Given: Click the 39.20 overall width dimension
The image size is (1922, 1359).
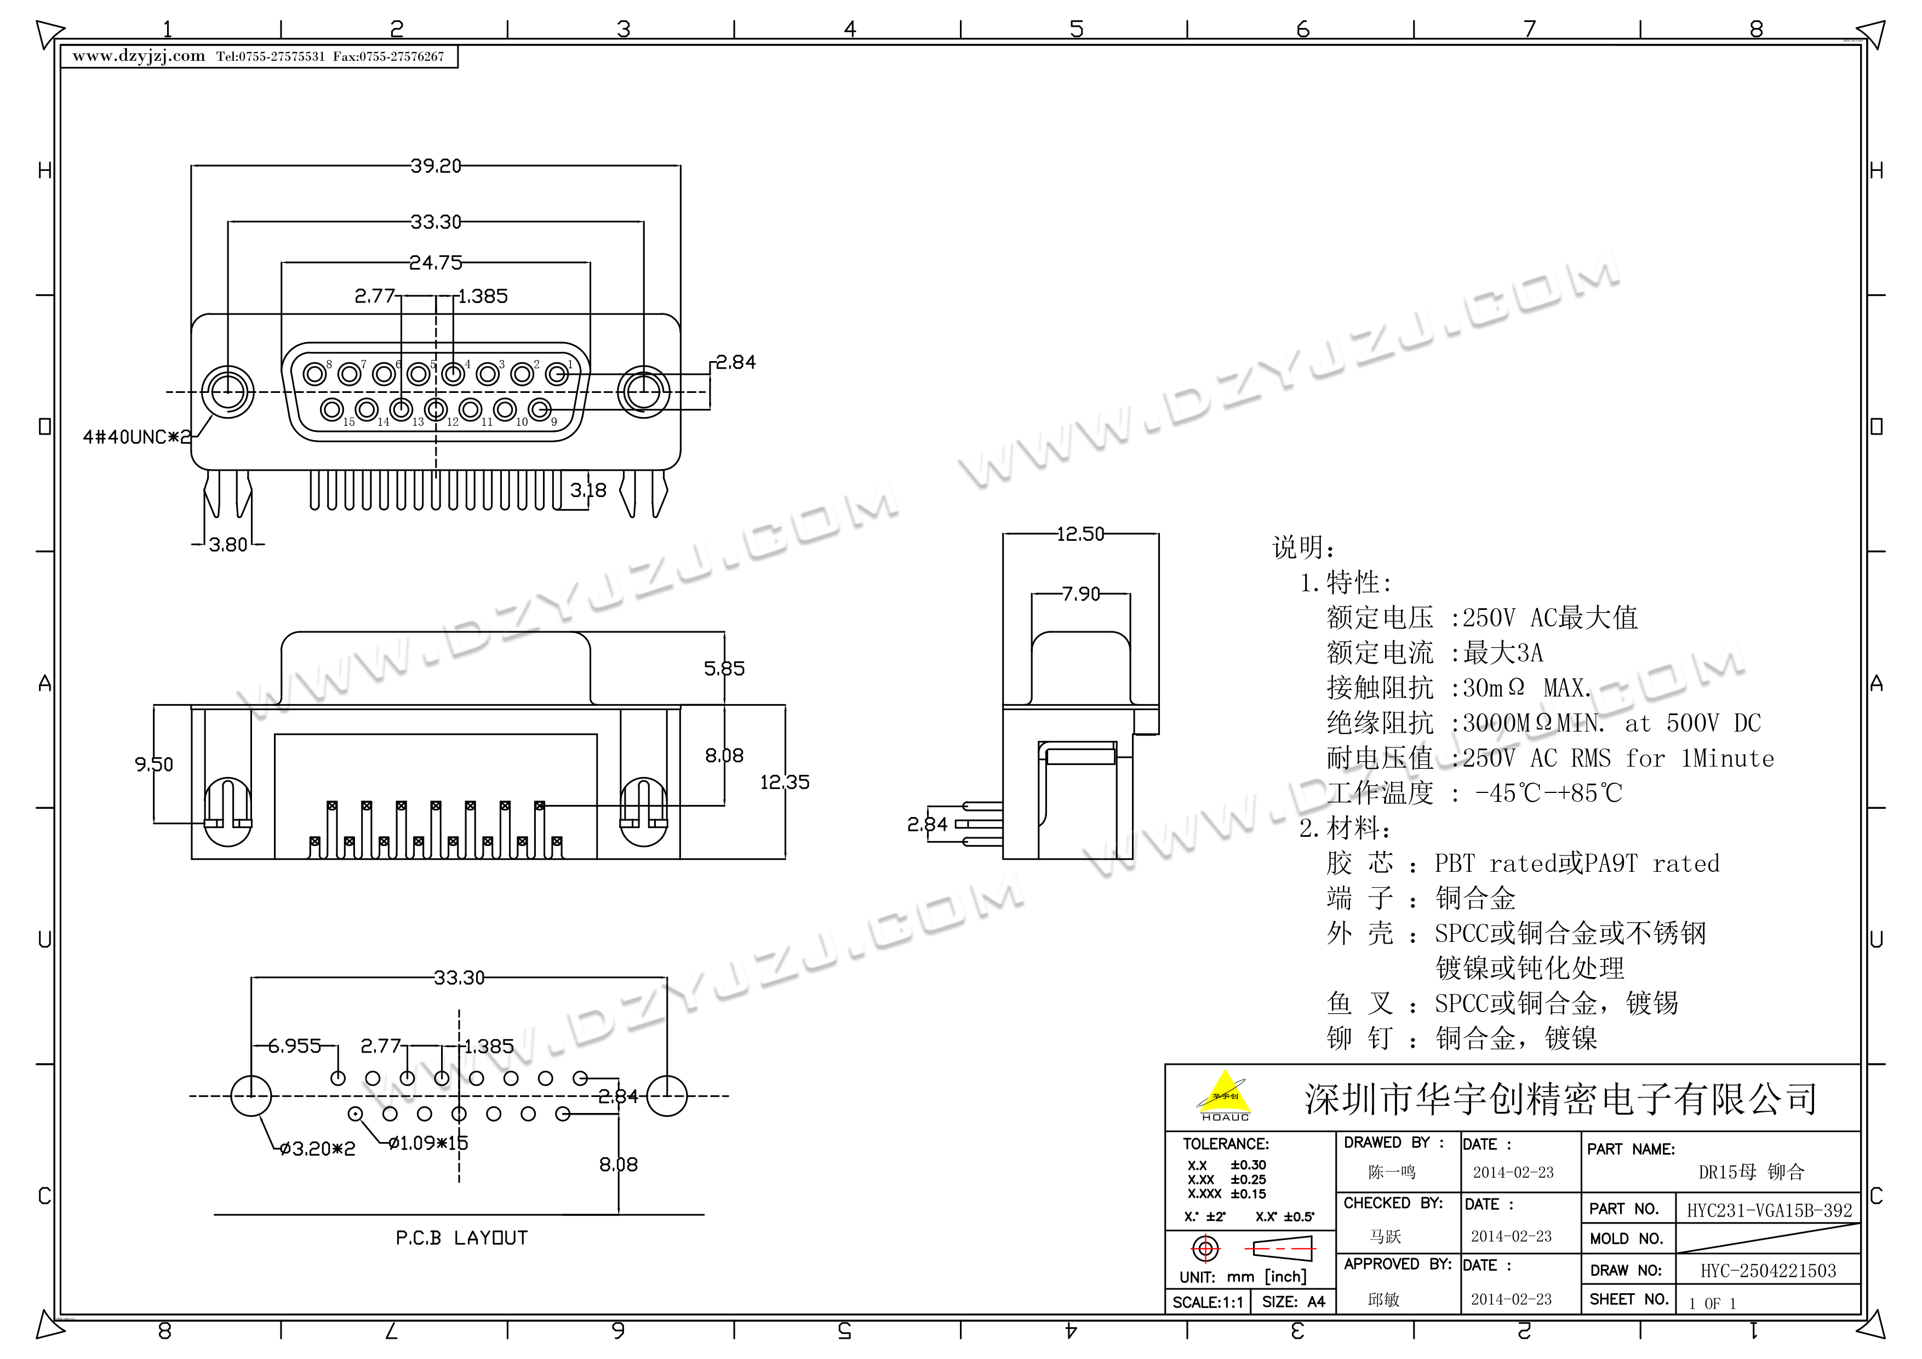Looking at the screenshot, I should point(435,166).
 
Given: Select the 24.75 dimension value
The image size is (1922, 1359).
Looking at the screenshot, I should point(435,263).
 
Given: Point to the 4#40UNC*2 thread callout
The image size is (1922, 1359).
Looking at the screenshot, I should point(136,437).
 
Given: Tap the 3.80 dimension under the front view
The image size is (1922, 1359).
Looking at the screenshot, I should point(228,545).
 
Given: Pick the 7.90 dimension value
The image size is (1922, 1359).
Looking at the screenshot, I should point(1080,593).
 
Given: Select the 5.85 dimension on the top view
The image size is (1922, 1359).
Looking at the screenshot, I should point(724,668).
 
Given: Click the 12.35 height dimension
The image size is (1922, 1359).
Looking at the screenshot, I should point(785,782).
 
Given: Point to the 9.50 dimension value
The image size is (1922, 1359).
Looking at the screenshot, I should point(154,764).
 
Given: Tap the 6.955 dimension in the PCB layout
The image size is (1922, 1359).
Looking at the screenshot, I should point(295,1046).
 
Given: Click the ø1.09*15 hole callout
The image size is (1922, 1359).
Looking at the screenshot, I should point(428,1143).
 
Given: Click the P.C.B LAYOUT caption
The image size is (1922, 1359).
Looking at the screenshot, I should point(461,1237).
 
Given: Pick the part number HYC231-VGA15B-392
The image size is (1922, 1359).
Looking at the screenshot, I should point(1769,1210).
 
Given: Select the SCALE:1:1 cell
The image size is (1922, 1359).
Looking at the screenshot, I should point(1206,1302).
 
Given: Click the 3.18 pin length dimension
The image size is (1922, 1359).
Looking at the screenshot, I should point(588,490).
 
